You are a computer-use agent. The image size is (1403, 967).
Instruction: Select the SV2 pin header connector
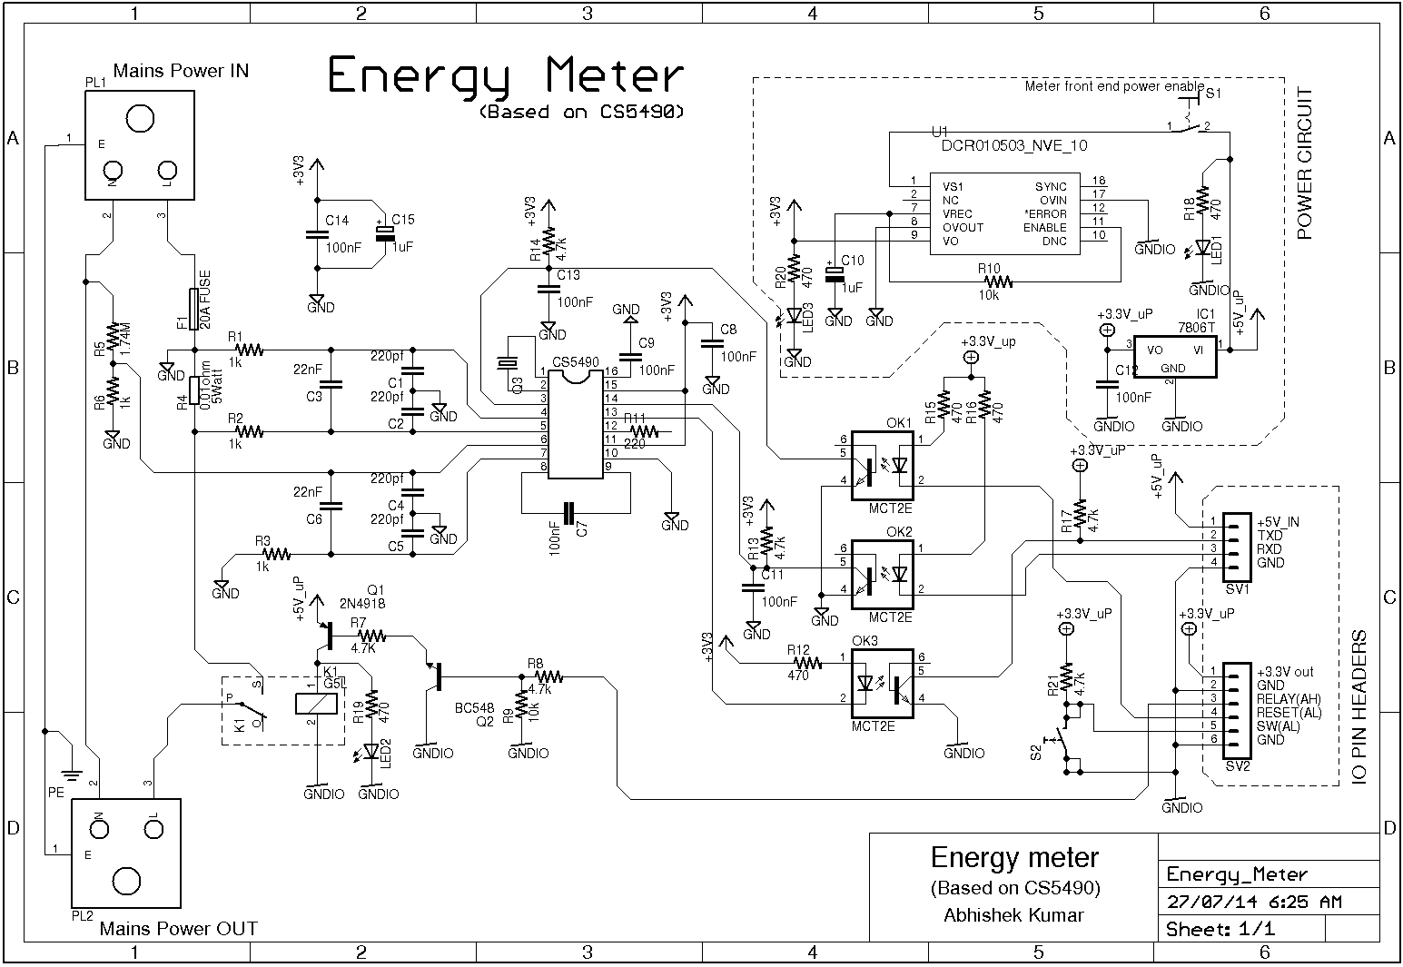(1238, 712)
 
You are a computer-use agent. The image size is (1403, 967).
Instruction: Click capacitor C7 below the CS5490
(569, 513)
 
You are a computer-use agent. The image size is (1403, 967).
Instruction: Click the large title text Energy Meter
(504, 76)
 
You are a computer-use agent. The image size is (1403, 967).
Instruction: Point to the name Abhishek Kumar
(1014, 914)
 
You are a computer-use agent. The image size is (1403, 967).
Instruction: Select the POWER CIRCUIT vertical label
(1306, 163)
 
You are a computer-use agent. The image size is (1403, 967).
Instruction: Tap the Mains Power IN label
(181, 71)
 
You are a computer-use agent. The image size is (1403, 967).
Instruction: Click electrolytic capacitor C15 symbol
(384, 232)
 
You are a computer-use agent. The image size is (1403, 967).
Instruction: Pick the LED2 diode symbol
(371, 752)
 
